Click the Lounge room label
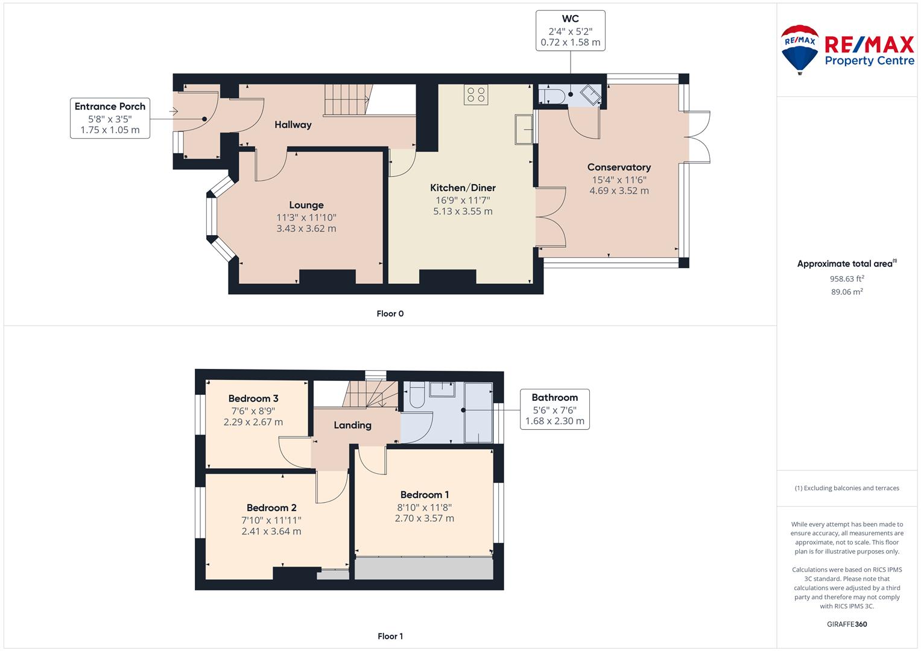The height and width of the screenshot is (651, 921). [x=306, y=205]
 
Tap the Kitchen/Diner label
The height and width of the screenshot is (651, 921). [x=463, y=188]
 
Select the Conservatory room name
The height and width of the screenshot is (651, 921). [x=619, y=168]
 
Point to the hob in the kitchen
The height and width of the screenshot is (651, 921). [x=476, y=95]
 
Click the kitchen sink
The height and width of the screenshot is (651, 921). [x=524, y=130]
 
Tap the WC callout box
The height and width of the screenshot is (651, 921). [x=571, y=31]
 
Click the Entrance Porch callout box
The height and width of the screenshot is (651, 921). [x=110, y=118]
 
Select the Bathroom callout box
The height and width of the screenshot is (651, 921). [x=555, y=409]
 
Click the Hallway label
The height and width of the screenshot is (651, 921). [x=293, y=125]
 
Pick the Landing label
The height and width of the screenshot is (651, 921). [x=352, y=425]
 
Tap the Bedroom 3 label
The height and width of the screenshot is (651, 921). [x=253, y=398]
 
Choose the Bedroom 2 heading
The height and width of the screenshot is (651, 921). [x=271, y=508]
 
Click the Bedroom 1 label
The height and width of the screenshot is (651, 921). [x=425, y=494]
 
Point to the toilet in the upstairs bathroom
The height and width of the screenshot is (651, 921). [x=417, y=395]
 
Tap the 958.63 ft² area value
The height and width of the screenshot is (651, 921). [x=847, y=278]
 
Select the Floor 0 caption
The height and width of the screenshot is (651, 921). [x=390, y=313]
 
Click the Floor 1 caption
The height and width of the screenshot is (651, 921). [x=390, y=636]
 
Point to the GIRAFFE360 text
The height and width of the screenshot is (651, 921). [x=847, y=624]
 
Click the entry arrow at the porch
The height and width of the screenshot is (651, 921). [x=174, y=111]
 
